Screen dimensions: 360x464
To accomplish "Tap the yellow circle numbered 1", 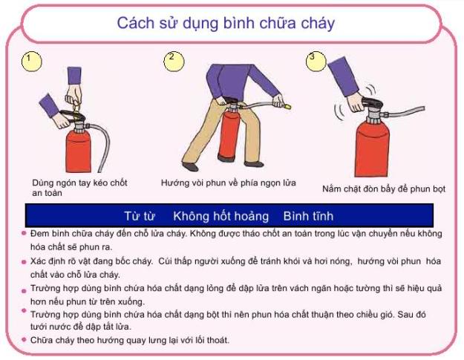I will (x=30, y=61).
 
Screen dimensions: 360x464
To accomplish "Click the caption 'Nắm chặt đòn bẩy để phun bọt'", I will (x=384, y=189).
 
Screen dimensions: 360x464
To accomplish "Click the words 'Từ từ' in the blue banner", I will (x=139, y=217).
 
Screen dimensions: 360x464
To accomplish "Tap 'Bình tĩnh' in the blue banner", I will (x=308, y=217).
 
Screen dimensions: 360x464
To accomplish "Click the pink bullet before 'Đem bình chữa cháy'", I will (x=24, y=233).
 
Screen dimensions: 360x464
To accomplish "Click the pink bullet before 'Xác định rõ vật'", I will (x=24, y=262).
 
